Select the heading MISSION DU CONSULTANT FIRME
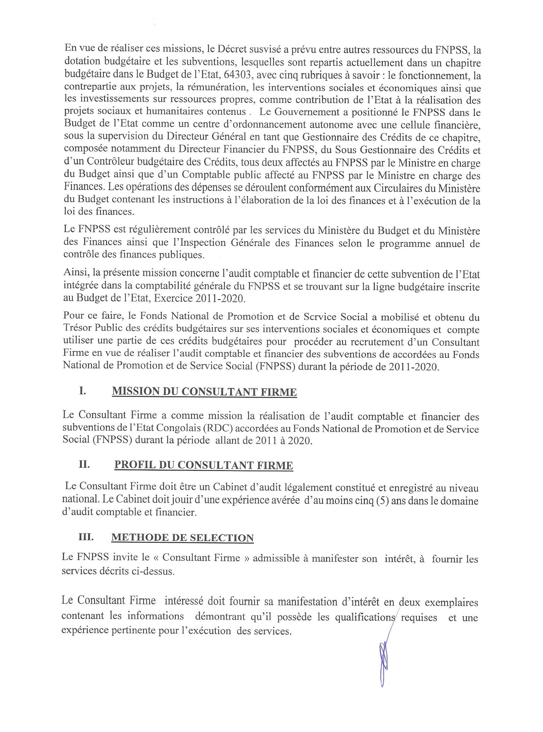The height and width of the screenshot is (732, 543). [x=204, y=391]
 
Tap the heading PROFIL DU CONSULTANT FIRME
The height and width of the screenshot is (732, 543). [x=204, y=465]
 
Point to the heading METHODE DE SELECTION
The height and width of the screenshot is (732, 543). [x=182, y=538]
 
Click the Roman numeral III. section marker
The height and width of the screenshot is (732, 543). [x=86, y=537]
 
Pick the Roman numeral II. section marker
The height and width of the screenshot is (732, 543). [x=85, y=465]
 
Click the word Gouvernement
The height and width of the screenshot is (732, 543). [x=303, y=112]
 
